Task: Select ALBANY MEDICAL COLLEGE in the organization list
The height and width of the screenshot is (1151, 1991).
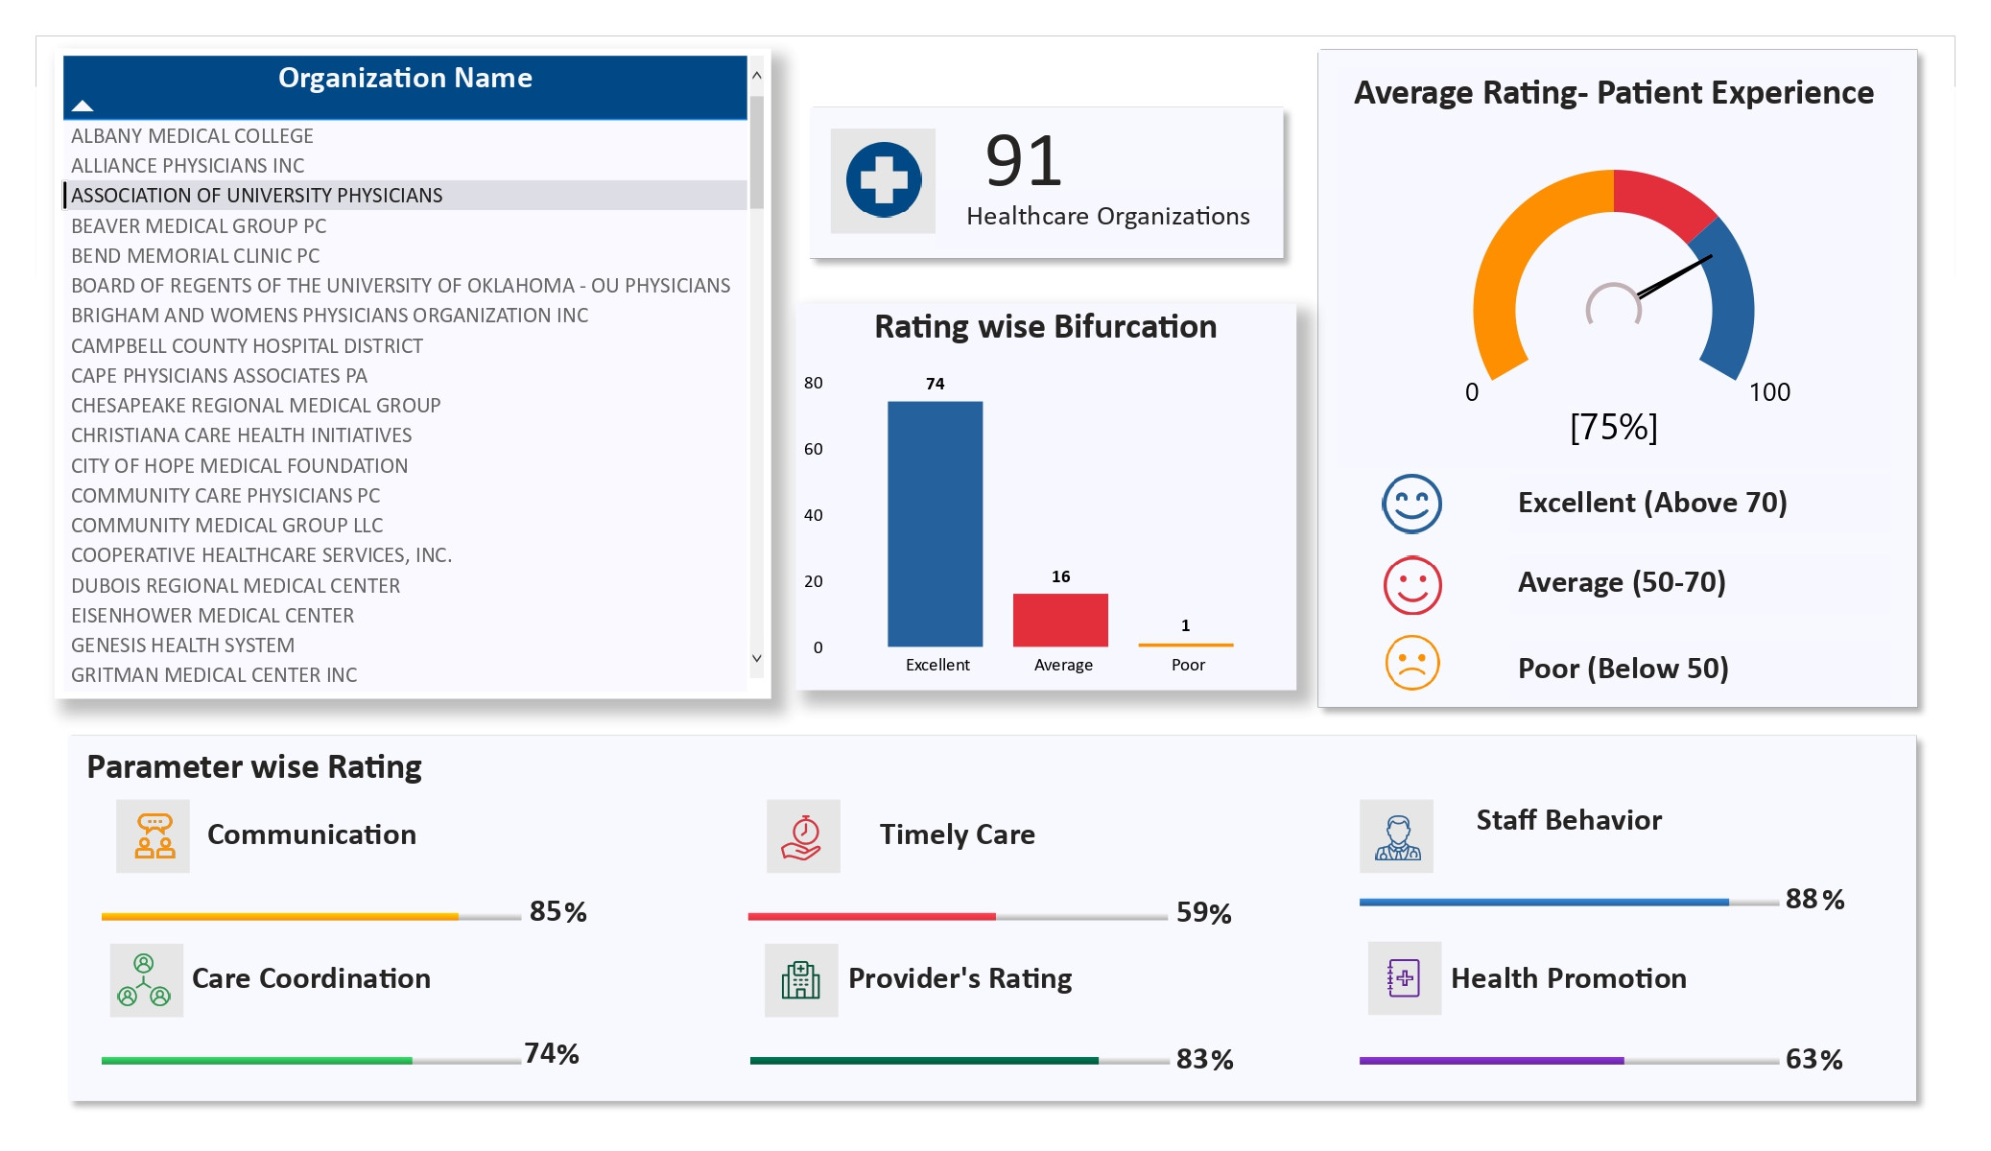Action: (192, 136)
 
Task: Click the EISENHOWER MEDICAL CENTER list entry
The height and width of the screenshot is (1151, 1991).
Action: (212, 616)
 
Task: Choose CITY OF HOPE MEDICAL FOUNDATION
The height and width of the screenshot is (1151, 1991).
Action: (239, 466)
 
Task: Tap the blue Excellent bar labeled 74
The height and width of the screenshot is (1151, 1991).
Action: (935, 523)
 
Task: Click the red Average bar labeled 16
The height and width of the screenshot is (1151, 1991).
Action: (1060, 620)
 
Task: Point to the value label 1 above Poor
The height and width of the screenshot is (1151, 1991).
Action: (1185, 625)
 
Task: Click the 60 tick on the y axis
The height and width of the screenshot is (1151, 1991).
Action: (813, 449)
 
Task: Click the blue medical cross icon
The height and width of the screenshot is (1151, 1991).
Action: (883, 180)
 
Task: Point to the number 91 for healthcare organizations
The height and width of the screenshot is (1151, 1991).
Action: (1024, 161)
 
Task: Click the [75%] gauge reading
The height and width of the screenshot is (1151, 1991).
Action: (1613, 427)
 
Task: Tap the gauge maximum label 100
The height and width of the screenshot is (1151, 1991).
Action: (1768, 392)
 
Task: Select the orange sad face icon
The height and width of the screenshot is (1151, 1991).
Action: (1411, 663)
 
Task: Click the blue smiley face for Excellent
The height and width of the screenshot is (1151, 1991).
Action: (1411, 504)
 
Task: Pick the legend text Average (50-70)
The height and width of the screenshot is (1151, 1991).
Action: (1622, 582)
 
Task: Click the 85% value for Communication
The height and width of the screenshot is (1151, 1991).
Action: (557, 911)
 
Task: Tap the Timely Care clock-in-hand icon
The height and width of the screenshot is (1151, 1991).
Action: (803, 836)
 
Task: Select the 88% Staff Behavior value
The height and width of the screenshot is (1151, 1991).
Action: (1813, 899)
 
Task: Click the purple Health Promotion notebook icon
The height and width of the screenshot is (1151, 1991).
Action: (1404, 978)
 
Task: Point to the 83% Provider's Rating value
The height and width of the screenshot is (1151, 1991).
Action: (1204, 1059)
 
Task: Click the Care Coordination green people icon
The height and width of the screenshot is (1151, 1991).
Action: (145, 980)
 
